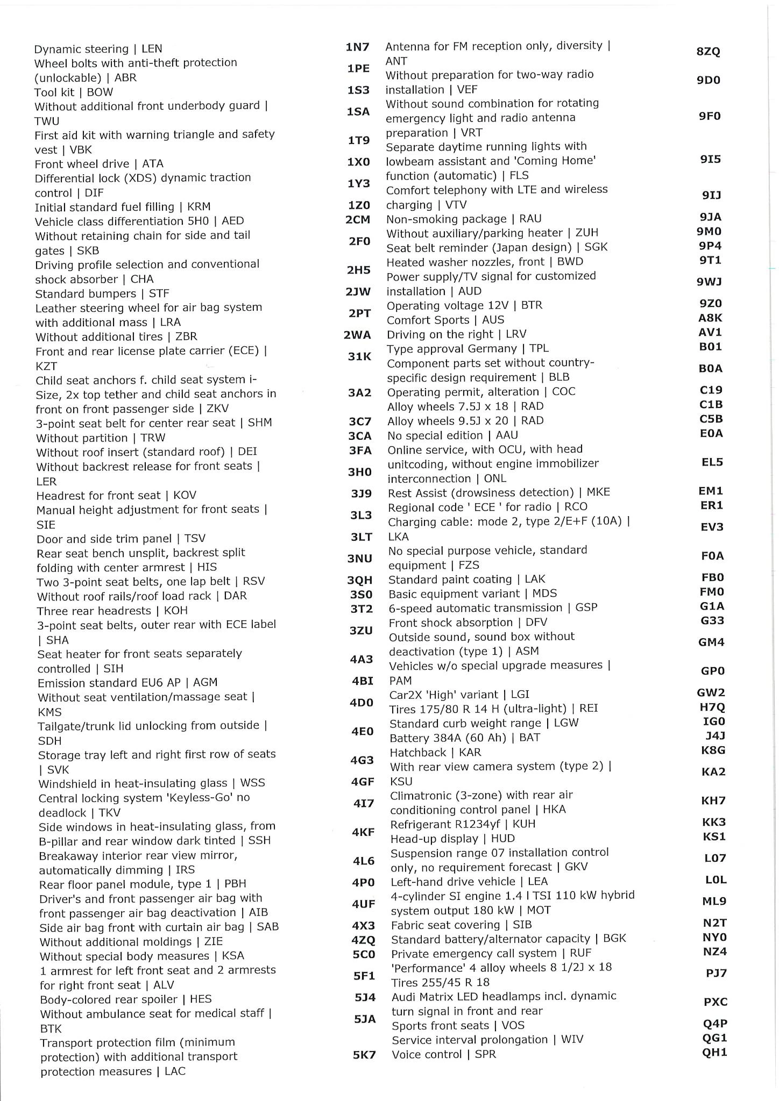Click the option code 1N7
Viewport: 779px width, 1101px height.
click(358, 47)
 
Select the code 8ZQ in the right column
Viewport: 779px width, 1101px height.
click(708, 52)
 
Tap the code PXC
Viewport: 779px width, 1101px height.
click(716, 1002)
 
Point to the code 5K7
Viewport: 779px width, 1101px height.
click(364, 1055)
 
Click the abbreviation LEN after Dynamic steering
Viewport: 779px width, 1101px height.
click(152, 49)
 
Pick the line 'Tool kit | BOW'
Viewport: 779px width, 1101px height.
click(74, 92)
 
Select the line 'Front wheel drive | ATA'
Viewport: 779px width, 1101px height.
click(99, 163)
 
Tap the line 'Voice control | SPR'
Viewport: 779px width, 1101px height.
click(444, 1054)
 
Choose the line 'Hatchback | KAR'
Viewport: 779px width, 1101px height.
click(435, 752)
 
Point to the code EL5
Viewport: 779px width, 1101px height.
click(712, 462)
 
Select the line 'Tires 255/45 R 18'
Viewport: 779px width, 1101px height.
click(441, 982)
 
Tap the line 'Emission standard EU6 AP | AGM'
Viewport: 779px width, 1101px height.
click(128, 683)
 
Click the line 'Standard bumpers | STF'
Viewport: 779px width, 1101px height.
click(102, 294)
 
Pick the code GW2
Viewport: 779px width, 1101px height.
click(711, 692)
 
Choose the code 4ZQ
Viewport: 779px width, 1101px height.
click(363, 940)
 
